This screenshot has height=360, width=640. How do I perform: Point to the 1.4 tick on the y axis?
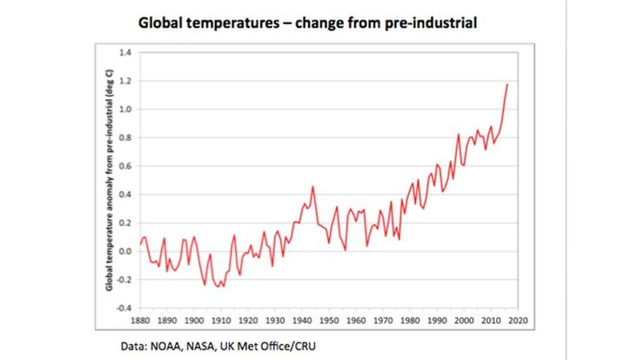pyautogui.click(x=125, y=52)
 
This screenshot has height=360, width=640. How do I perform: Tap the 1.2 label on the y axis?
pyautogui.click(x=125, y=81)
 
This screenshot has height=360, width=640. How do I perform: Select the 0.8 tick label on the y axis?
pyautogui.click(x=125, y=138)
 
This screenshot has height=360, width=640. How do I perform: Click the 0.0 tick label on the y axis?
pyautogui.click(x=125, y=251)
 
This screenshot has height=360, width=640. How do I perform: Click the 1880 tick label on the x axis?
pyautogui.click(x=140, y=321)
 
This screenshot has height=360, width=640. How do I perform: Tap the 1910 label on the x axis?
pyautogui.click(x=220, y=321)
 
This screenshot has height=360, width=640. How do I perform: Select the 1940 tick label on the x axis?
pyautogui.click(x=302, y=321)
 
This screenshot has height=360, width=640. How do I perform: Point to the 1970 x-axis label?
pyautogui.click(x=383, y=321)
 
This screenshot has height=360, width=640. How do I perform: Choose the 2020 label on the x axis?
pyautogui.click(x=518, y=321)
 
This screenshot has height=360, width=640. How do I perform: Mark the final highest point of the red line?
pyautogui.click(x=508, y=84)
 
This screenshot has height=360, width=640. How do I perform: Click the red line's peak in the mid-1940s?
pyautogui.click(x=312, y=187)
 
